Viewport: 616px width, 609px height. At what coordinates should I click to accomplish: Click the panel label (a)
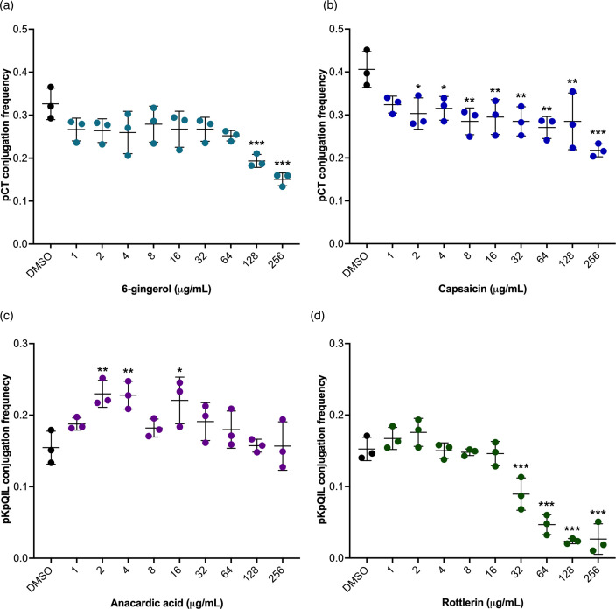click(7, 6)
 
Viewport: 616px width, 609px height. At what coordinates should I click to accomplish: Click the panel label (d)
click(318, 316)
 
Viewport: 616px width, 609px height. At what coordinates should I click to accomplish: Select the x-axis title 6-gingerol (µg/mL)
click(166, 290)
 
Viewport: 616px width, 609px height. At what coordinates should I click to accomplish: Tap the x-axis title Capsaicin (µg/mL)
click(482, 290)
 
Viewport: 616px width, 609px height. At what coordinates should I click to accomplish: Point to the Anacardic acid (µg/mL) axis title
click(166, 603)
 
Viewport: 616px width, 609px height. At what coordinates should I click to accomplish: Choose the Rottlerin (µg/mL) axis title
click(482, 603)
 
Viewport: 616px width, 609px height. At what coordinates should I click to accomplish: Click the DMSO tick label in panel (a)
click(39, 265)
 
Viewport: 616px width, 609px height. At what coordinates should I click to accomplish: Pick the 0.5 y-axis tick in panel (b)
click(336, 29)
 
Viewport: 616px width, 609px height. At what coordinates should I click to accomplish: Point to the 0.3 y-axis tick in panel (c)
click(20, 343)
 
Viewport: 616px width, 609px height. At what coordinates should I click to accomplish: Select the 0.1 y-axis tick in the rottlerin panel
click(336, 486)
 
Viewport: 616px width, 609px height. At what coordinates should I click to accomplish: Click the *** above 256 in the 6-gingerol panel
click(282, 163)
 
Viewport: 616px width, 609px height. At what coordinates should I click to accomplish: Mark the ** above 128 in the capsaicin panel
click(572, 81)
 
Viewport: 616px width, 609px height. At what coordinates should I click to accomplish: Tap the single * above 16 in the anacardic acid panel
click(179, 370)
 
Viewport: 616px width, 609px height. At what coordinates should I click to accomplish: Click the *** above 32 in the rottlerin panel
click(521, 466)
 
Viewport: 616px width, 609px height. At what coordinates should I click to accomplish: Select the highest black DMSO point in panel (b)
click(367, 50)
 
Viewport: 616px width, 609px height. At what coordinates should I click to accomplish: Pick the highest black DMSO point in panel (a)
click(51, 87)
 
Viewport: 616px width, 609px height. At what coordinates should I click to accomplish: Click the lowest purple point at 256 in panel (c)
click(283, 467)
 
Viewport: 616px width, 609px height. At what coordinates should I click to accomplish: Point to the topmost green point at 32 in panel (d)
click(521, 478)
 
